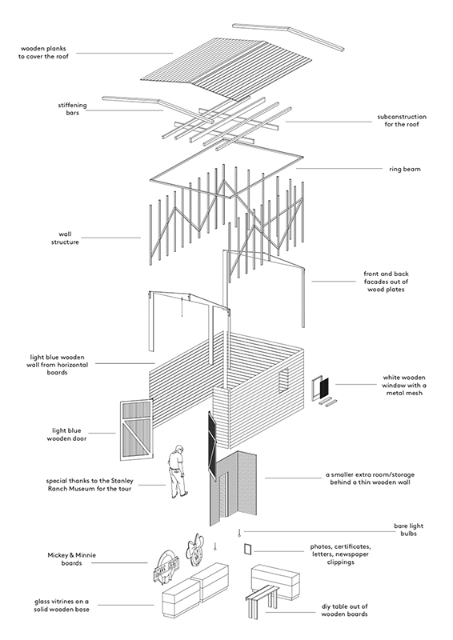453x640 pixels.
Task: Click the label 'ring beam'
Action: (x=404, y=169)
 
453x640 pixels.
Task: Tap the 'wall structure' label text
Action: (x=65, y=238)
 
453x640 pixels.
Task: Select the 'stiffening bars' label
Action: (x=72, y=109)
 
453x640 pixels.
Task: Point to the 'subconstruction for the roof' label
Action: (x=402, y=121)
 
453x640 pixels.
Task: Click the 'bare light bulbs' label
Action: (x=408, y=530)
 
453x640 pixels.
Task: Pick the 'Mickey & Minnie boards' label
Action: (x=71, y=559)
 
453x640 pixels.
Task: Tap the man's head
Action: (x=178, y=449)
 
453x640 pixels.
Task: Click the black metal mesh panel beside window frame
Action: (x=324, y=388)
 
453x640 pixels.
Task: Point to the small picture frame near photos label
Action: (x=247, y=549)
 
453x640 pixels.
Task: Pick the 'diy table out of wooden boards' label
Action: (x=344, y=610)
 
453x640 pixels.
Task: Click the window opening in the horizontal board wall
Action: (x=283, y=381)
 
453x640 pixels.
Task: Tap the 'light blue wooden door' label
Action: (x=66, y=434)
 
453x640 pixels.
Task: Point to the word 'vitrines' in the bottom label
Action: (x=64, y=602)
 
